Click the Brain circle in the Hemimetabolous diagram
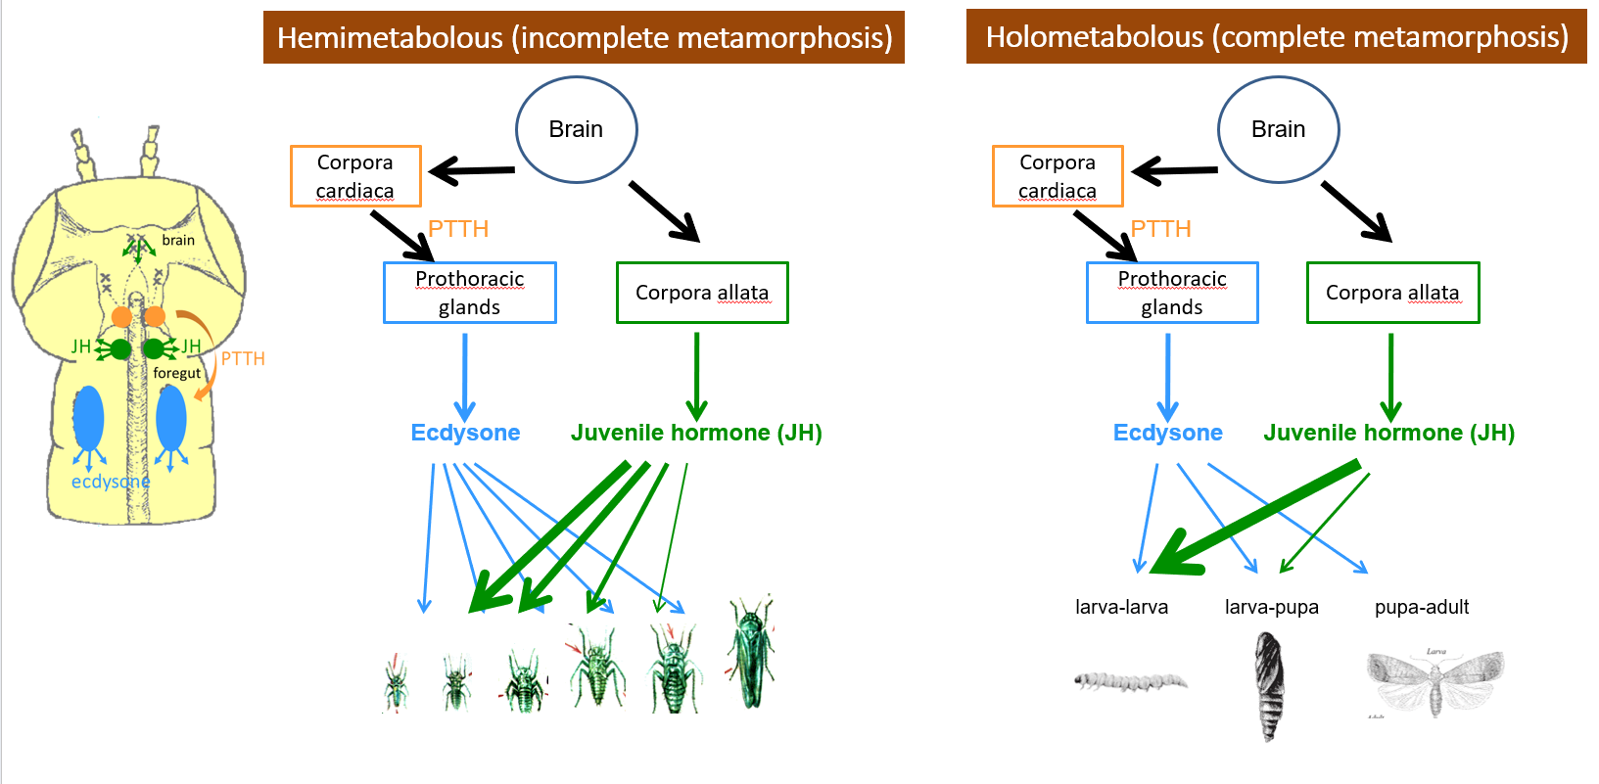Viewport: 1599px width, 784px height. (576, 129)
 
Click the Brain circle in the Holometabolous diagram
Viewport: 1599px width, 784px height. (1278, 129)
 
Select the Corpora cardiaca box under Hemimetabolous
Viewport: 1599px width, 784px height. (355, 176)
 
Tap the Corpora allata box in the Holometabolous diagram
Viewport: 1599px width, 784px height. (1392, 293)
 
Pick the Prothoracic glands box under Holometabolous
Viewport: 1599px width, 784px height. (1172, 293)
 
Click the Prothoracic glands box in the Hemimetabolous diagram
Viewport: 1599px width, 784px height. (469, 293)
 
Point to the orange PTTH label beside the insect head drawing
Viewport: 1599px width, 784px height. (243, 358)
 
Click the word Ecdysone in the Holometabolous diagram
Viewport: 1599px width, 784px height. (1167, 433)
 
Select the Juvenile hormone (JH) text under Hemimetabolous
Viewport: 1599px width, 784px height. (696, 433)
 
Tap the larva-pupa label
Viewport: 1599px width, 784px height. (1271, 607)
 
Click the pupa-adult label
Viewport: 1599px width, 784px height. (1421, 607)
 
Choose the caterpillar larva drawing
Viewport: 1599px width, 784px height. (1130, 679)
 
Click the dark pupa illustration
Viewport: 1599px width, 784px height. (1268, 685)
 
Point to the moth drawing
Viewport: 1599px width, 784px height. (1434, 682)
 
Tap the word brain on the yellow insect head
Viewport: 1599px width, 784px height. (178, 240)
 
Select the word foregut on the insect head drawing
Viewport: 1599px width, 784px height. (176, 373)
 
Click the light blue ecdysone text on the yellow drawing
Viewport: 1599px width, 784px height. (111, 482)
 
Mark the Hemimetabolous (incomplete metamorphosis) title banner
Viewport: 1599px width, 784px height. (584, 38)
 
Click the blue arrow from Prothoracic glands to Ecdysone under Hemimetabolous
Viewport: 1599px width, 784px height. (464, 377)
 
